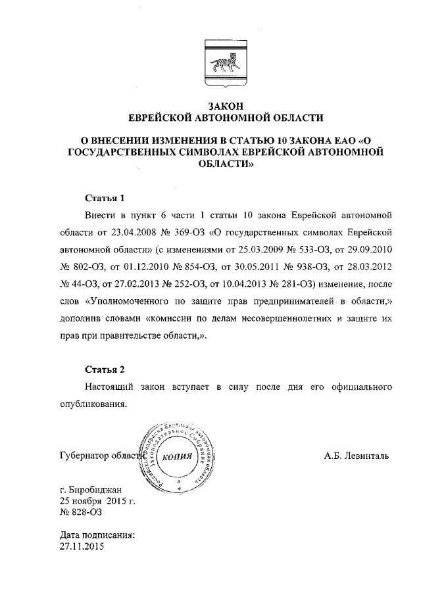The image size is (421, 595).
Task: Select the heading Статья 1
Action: pyautogui.click(x=105, y=198)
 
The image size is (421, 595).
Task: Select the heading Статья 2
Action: pyautogui.click(x=105, y=369)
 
